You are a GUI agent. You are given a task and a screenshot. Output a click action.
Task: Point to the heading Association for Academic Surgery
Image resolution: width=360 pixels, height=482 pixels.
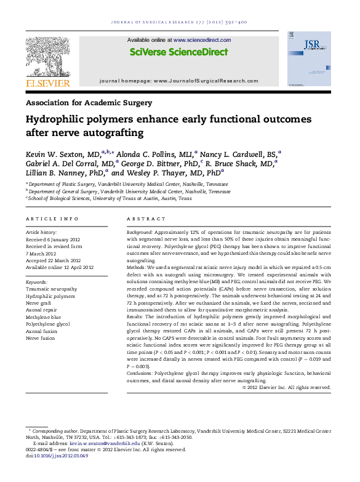click(89, 103)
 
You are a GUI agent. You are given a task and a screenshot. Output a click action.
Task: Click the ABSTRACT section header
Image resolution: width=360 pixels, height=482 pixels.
click(142, 219)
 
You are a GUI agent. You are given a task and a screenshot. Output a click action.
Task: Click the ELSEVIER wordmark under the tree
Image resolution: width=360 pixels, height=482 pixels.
click(44, 80)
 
